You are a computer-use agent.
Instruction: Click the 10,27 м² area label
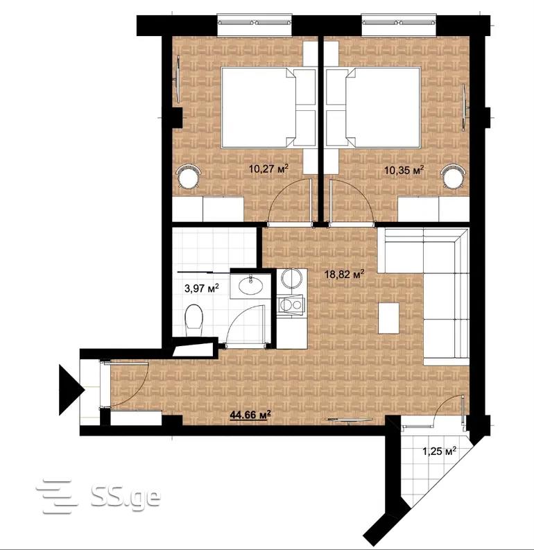(268, 169)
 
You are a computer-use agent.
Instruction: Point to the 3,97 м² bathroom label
(202, 289)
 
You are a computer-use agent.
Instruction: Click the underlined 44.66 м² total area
(250, 415)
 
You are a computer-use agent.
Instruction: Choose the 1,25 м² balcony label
(439, 451)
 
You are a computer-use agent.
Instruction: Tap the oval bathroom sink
(250, 285)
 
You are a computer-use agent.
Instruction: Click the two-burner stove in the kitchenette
(291, 305)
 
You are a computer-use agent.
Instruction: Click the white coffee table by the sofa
(388, 318)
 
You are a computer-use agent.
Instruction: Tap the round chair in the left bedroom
(189, 177)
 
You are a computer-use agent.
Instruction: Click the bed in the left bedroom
(268, 107)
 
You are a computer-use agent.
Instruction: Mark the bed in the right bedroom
(373, 107)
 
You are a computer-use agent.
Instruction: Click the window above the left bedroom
(255, 24)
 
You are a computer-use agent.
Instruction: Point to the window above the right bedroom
(399, 24)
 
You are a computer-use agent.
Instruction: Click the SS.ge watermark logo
(98, 497)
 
